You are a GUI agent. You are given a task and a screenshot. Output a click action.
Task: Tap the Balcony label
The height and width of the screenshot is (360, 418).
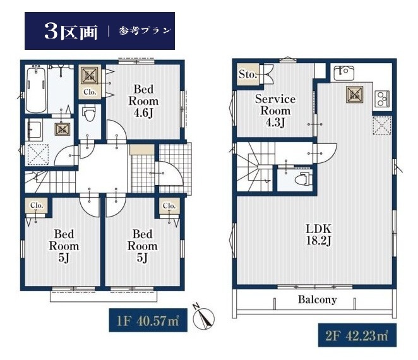(x=317, y=299)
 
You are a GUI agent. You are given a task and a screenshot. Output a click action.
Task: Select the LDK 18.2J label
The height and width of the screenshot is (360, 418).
(x=319, y=235)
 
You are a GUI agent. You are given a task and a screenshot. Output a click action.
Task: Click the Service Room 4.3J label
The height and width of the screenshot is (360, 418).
(x=275, y=111)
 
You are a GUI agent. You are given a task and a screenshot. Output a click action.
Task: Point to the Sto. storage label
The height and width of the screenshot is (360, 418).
(x=248, y=74)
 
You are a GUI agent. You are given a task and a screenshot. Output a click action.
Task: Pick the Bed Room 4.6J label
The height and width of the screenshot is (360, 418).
(x=143, y=101)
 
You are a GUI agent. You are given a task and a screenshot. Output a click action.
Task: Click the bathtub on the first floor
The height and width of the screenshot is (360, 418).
(x=36, y=89)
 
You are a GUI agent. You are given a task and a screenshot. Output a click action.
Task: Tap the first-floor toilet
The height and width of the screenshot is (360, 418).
(x=89, y=113)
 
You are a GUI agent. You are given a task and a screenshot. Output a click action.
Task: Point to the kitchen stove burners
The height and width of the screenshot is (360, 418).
(x=382, y=98)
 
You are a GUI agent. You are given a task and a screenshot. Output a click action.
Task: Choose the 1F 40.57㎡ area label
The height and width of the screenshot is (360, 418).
(x=148, y=320)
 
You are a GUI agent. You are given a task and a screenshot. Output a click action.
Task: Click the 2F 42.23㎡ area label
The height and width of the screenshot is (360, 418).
(x=357, y=335)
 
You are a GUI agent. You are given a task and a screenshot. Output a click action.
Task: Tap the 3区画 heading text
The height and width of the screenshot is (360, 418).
(x=71, y=32)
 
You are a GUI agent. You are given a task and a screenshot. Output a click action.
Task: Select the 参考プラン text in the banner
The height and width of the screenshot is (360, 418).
(x=145, y=31)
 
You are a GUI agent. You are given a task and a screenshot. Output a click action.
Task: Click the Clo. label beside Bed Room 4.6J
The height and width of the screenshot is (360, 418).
(x=90, y=92)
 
